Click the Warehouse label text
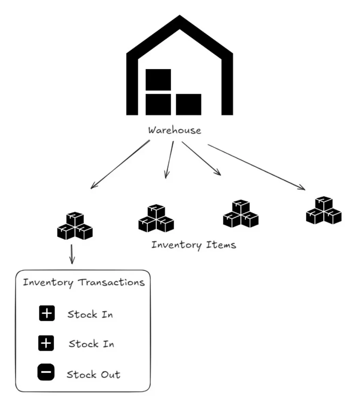174,130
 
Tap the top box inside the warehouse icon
158,79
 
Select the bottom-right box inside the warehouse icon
188,104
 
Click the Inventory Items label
194,245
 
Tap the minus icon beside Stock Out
46,373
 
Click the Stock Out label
93,374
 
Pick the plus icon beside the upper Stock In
47,314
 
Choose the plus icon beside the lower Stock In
46,344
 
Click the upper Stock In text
90,315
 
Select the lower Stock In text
91,344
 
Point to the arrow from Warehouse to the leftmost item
120,165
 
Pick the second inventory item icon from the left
156,218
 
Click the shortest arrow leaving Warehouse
169,160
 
